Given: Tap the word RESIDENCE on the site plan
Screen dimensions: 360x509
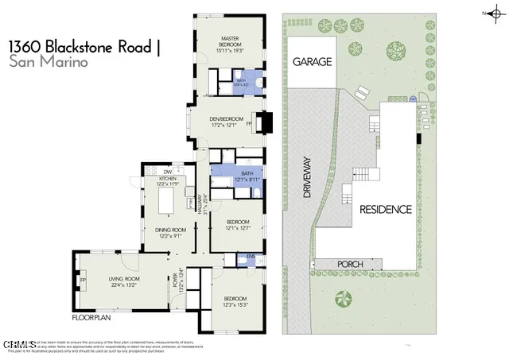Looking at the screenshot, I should [x=385, y=211].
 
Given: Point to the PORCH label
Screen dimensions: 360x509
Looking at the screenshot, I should [x=351, y=265].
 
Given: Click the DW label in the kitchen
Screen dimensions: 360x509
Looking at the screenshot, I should [x=168, y=172].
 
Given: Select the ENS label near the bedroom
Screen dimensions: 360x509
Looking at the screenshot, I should [x=251, y=257].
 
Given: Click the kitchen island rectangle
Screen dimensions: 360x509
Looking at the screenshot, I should [x=168, y=203].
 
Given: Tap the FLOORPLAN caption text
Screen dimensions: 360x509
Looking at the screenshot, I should [x=91, y=318].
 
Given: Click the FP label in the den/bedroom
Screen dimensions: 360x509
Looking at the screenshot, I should [x=249, y=124].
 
